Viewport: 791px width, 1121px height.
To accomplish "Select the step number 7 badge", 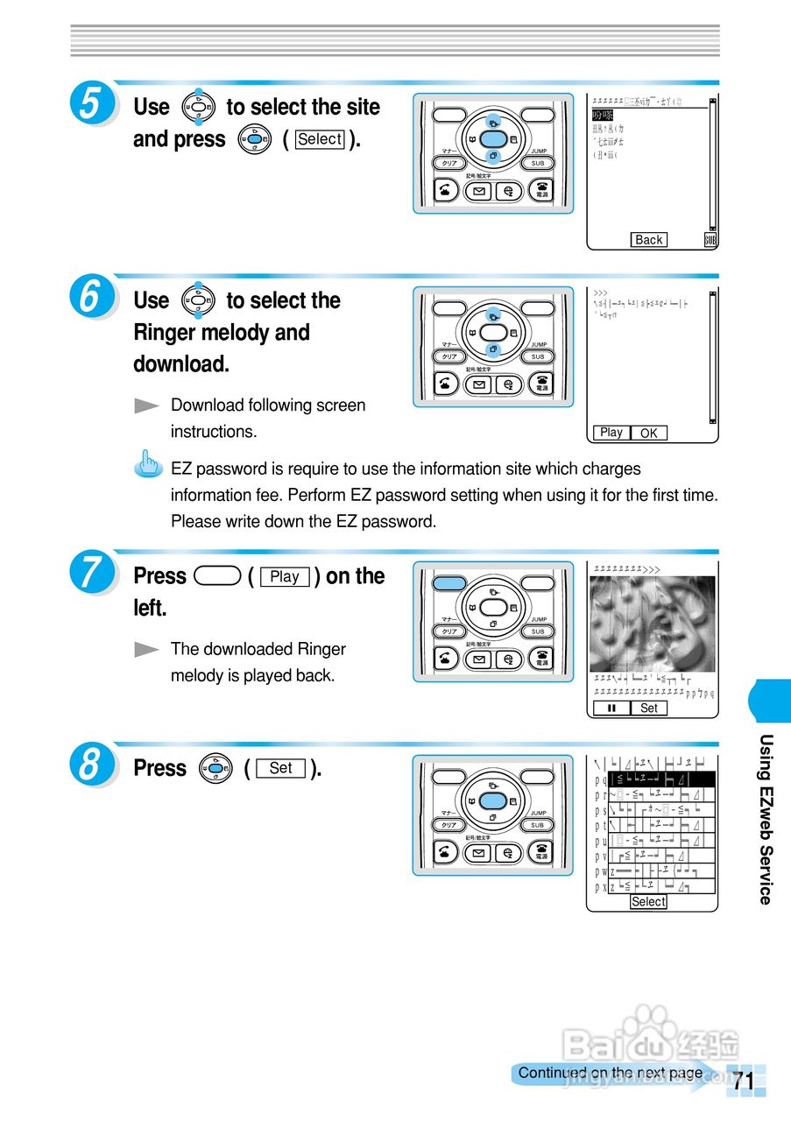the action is [90, 574].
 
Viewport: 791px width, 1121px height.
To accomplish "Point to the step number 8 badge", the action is [90, 765].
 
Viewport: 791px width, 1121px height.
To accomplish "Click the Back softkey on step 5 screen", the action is [648, 240].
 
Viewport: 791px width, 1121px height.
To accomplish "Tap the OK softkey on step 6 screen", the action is [648, 433].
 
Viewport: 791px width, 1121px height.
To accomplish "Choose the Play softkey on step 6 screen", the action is [611, 433].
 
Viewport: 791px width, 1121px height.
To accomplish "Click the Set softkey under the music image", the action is [648, 708].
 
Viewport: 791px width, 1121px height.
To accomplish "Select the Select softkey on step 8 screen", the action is [648, 902].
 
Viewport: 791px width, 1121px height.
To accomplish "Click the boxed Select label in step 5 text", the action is [320, 139].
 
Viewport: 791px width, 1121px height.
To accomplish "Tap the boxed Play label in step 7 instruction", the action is [285, 577].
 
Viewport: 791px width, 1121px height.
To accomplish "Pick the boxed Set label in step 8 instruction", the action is [281, 768].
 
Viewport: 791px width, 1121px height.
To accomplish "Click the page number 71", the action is [744, 1081].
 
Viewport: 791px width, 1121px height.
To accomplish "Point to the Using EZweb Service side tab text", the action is [766, 818].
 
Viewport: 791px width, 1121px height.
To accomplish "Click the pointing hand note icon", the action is [151, 462].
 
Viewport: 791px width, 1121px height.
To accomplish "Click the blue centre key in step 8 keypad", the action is [493, 800].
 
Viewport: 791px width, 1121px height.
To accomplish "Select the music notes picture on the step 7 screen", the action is [652, 623].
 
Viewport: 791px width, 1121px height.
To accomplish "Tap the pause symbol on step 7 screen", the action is [611, 708].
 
